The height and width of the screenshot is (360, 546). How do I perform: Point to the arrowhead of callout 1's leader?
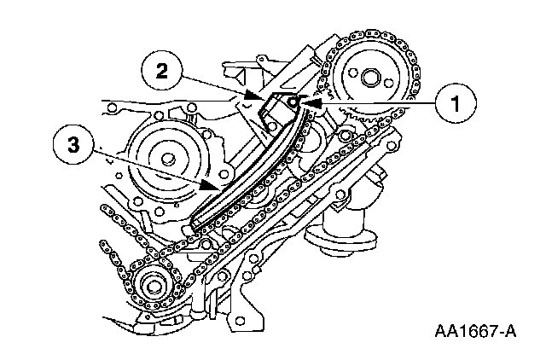[x=305, y=103]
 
